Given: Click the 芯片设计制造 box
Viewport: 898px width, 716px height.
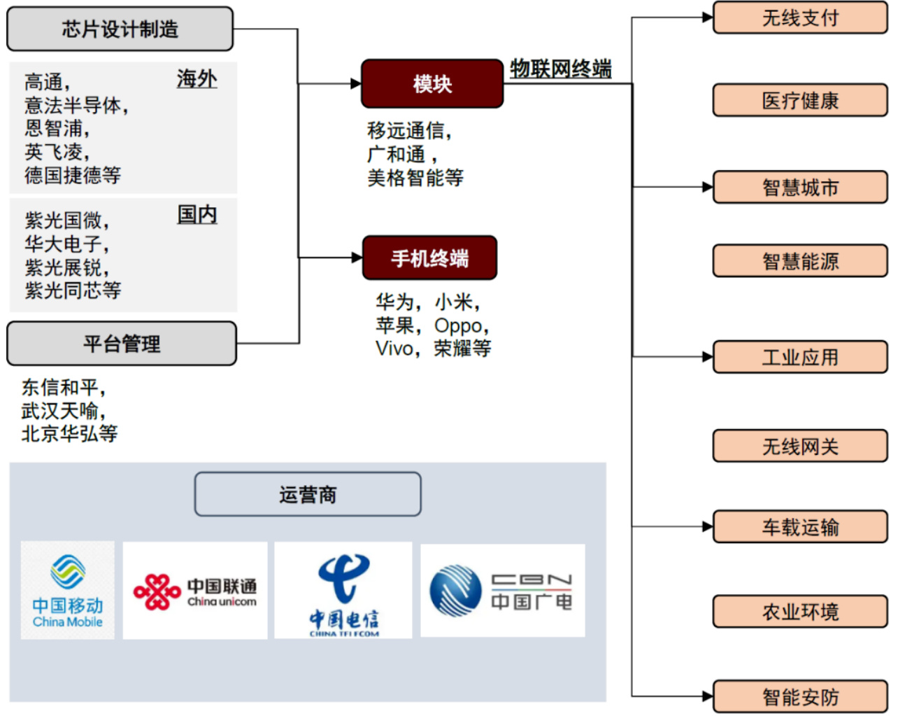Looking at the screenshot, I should pos(120,29).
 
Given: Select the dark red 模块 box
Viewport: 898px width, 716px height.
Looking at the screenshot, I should pos(432,84).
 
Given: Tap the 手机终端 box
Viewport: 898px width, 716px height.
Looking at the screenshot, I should pos(429,258).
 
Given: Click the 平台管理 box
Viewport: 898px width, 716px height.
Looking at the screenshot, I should pos(122,344).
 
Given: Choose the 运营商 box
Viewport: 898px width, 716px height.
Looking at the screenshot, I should pos(308,495).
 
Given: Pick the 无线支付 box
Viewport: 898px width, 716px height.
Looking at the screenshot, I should pos(800,18).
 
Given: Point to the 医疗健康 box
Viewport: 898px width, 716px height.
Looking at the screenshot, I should pos(800,101).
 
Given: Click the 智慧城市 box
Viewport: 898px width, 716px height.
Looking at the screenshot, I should pos(800,188).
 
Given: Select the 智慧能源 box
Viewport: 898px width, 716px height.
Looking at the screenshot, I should pos(800,262).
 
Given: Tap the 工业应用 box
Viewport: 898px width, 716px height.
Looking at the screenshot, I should pos(800,358).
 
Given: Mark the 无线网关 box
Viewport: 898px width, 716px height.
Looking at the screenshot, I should pos(800,447).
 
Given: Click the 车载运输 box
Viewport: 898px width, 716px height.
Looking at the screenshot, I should pos(800,527).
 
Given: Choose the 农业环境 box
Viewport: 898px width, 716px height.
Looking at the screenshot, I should pos(800,612).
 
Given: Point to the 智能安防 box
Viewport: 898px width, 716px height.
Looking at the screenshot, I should pos(800,697).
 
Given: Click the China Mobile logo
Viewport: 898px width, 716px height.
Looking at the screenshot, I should pos(68,590).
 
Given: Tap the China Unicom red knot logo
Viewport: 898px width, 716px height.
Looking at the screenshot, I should pos(157,592).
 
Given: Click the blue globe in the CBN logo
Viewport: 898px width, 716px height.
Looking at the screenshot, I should pos(455,591).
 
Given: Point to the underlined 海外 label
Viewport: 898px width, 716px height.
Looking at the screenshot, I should pos(197,79).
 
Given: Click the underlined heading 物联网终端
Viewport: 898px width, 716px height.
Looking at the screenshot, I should pos(561,69).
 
